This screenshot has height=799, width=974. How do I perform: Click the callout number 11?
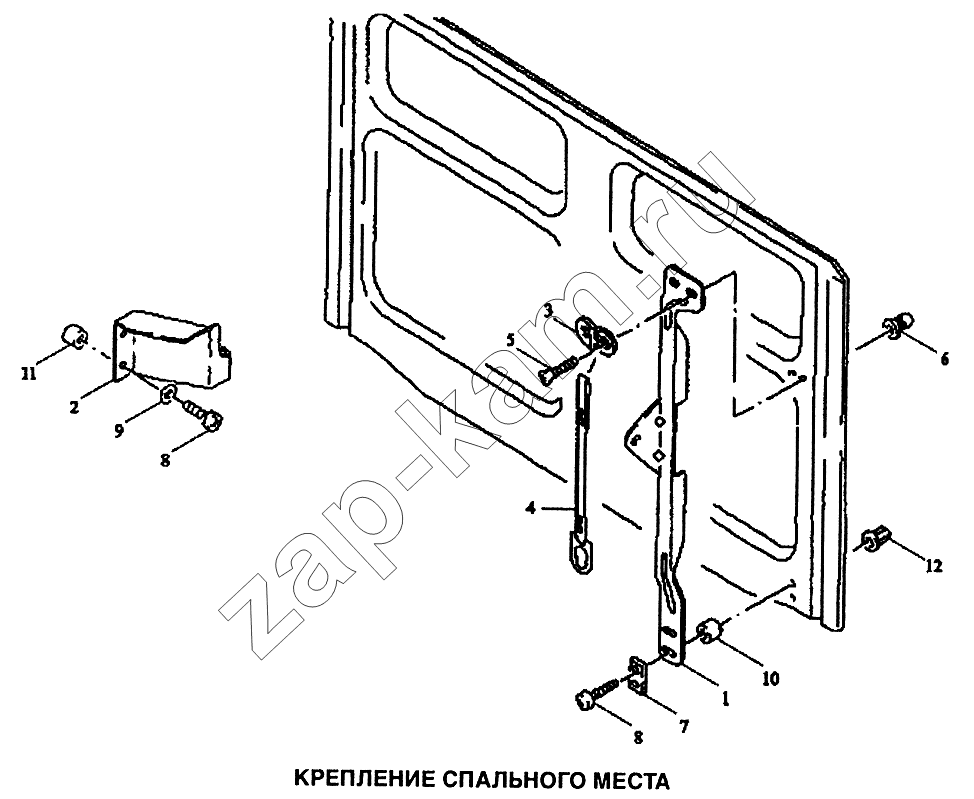28,374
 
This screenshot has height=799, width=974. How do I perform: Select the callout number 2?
75,408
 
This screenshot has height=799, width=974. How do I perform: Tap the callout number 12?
933,565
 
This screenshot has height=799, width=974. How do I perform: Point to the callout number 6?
944,358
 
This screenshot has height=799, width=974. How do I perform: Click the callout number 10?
770,679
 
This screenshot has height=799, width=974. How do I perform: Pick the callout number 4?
530,509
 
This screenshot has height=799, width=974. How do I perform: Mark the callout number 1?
724,699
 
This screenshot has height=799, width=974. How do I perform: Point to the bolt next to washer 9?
202,414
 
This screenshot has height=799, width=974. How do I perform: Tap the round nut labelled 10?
708,631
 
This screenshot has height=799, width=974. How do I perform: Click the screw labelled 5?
562,368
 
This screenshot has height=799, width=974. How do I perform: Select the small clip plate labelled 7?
638,673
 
